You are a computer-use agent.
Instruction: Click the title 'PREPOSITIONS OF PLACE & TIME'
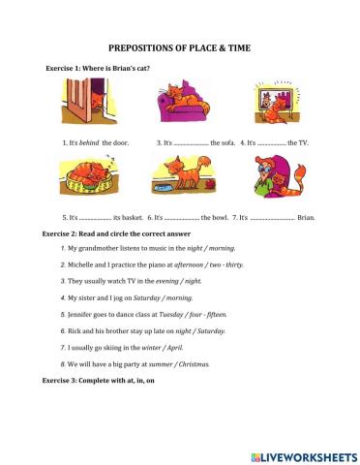pos(180,46)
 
